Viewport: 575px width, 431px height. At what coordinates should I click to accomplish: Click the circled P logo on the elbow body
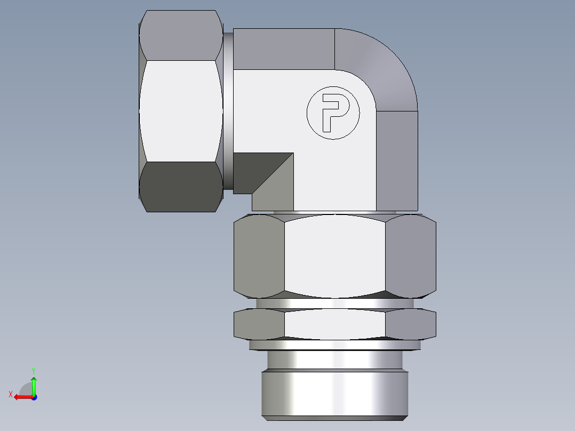333,113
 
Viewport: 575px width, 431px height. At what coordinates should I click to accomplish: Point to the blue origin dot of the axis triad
34,397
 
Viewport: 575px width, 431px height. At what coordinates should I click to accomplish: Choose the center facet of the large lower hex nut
334,255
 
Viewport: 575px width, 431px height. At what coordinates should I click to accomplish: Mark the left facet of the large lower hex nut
259,255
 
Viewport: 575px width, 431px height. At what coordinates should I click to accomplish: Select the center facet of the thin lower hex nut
334,324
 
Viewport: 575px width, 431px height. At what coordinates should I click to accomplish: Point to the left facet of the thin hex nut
259,324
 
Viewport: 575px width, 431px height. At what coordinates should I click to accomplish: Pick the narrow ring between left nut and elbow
228,110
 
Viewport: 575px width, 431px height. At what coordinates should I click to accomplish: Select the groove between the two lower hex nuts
334,302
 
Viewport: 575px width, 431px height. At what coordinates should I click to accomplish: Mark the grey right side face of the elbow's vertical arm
397,160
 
